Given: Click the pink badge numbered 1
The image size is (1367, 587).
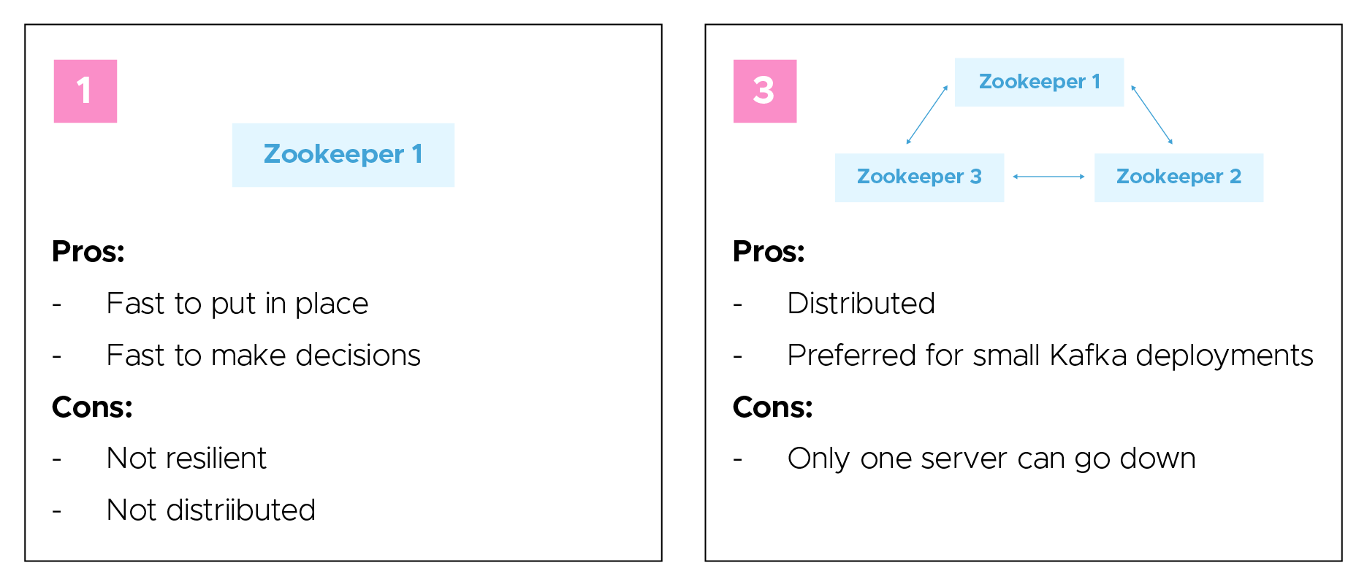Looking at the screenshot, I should coord(85,91).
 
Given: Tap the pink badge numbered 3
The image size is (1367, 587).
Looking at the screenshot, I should coord(765,91).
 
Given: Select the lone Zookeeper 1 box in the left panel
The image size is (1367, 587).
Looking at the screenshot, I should coord(343,155).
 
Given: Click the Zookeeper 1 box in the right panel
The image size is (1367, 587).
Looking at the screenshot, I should coord(1039,82).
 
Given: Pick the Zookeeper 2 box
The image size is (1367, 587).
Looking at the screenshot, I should coord(1178,177).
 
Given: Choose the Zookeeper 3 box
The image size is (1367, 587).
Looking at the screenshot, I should coord(919,177).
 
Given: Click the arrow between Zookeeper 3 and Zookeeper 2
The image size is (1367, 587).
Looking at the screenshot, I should coord(1048,177).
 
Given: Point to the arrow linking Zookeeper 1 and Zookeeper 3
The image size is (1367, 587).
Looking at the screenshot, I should coord(927,115).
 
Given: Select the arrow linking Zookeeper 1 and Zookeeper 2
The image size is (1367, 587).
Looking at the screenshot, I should coord(1152,115).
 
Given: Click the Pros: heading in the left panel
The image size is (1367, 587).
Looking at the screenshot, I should coord(88,252).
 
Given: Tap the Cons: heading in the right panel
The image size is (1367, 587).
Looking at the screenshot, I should coord(772,407).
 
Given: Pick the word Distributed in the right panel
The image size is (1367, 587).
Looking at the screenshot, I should coord(861,304).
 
